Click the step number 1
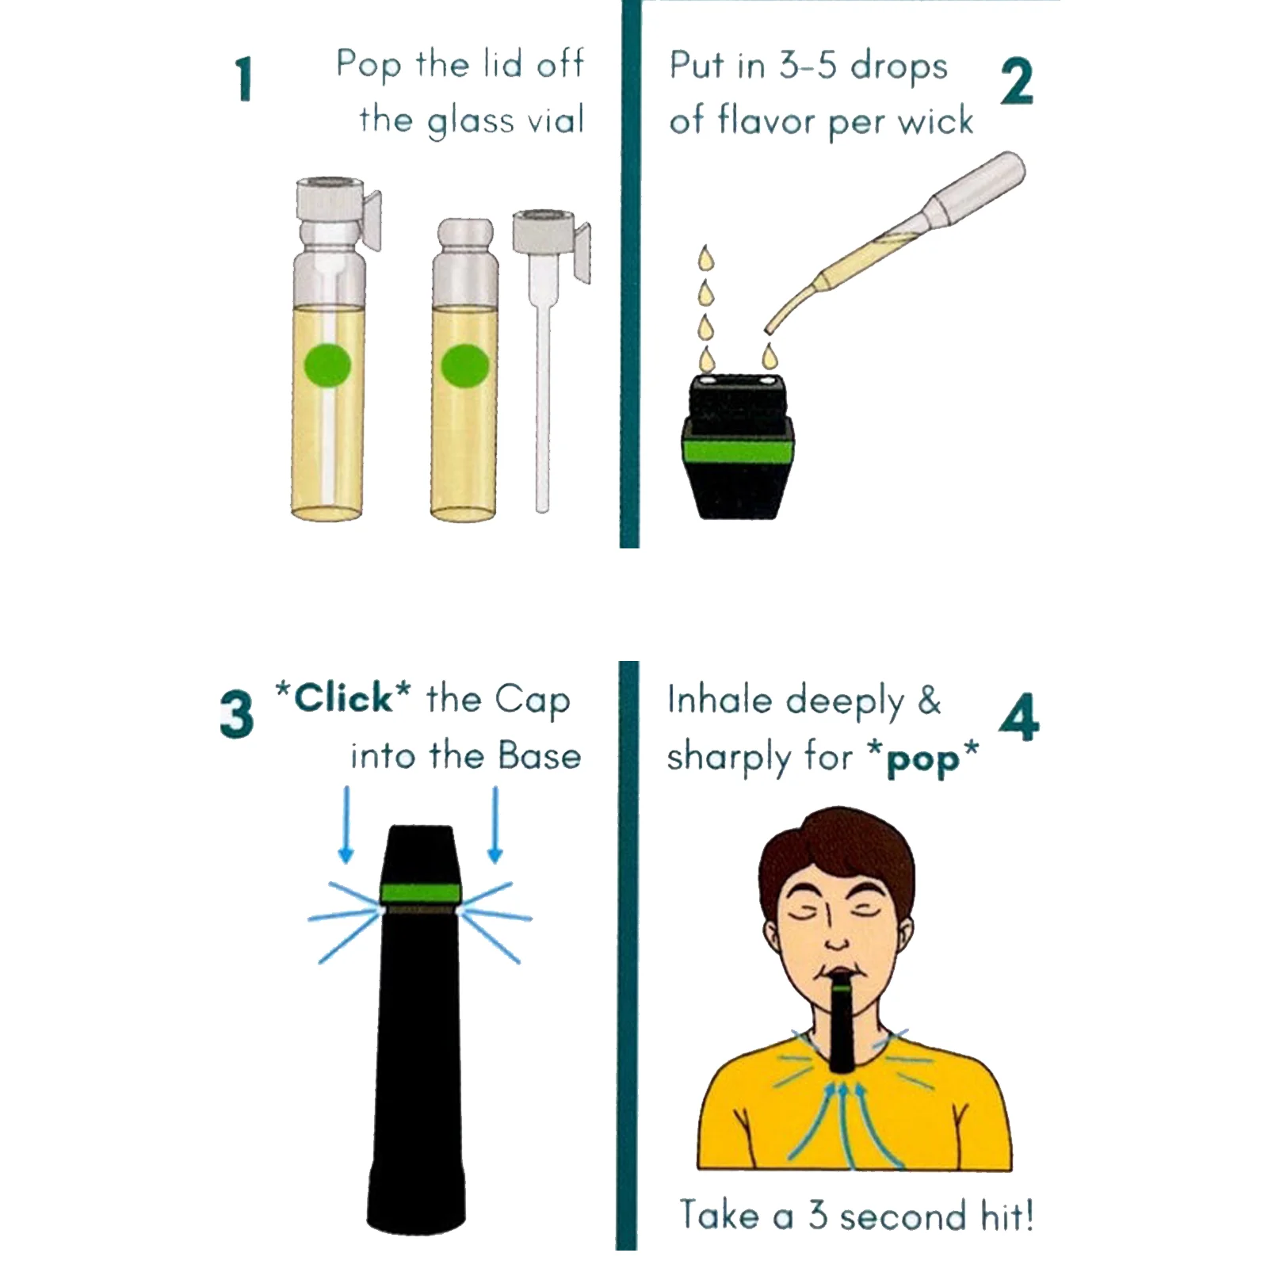tap(244, 78)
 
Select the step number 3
tap(236, 714)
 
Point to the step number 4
tap(1019, 716)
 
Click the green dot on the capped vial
tap(327, 366)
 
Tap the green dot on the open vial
tap(464, 366)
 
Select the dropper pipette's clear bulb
tap(980, 187)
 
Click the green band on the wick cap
tap(737, 453)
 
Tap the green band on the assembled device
tap(420, 893)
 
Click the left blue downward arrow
tap(346, 824)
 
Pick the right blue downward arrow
tap(495, 824)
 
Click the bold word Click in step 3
tap(343, 698)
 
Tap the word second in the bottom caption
tap(903, 1216)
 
